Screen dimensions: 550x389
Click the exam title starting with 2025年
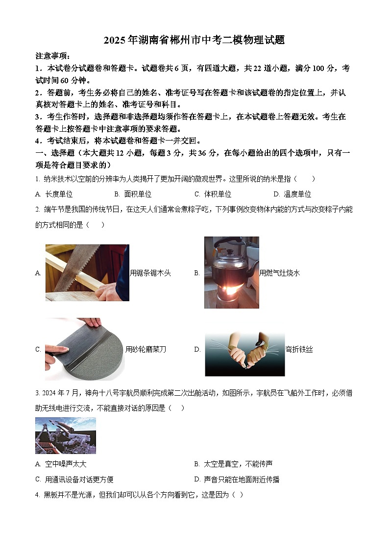pos(194,40)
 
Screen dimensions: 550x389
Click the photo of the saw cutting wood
pos(87,273)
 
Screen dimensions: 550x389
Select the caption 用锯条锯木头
pos(150,273)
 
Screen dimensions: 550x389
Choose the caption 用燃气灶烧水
pos(279,273)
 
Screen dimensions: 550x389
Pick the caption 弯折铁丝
pos(299,349)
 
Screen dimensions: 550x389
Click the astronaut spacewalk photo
pos(66,435)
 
